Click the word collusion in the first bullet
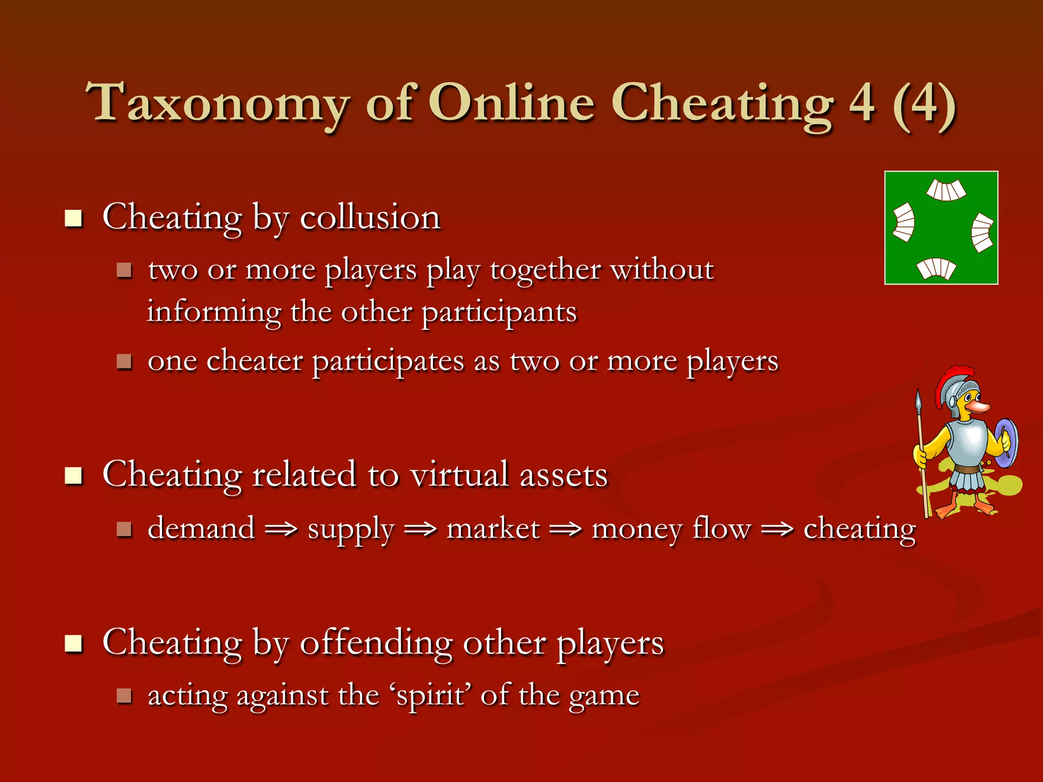pyautogui.click(x=370, y=217)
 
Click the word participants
pyautogui.click(x=499, y=312)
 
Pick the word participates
pyautogui.click(x=388, y=362)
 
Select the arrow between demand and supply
pyautogui.click(x=281, y=529)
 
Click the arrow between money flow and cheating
pyautogui.click(x=777, y=529)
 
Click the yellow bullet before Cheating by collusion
pyautogui.click(x=74, y=218)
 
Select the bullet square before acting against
pyautogui.click(x=124, y=695)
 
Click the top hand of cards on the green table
pyautogui.click(x=946, y=190)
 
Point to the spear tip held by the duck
pyautogui.click(x=919, y=400)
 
